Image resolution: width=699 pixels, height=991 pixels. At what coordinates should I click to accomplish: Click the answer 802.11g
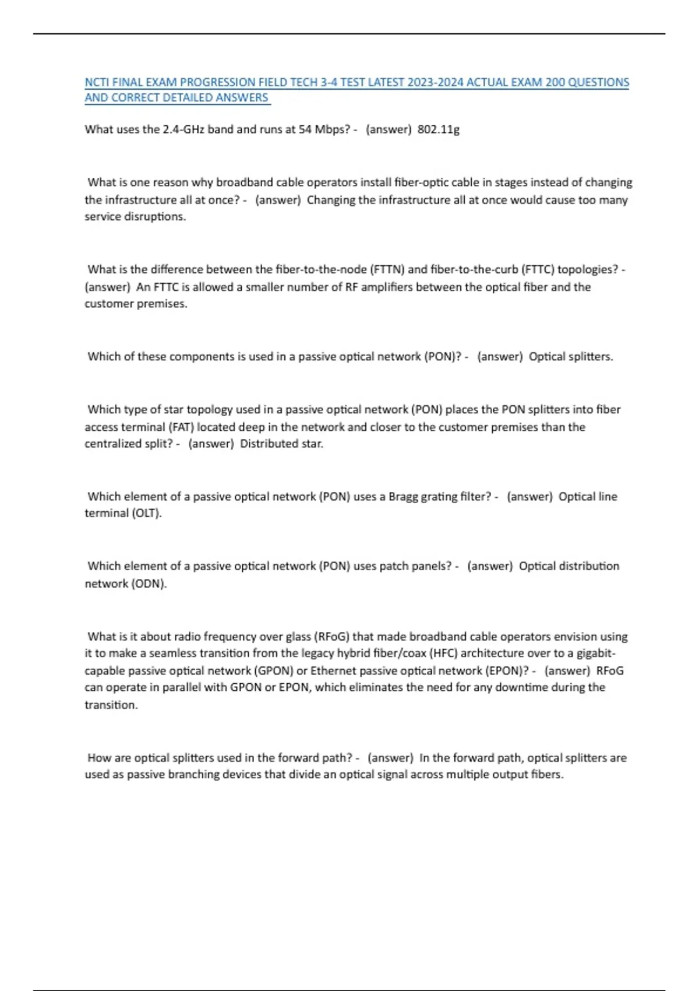click(438, 129)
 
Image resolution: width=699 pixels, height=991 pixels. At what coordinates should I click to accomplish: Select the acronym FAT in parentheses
click(181, 427)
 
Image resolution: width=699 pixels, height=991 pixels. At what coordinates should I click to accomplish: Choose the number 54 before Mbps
click(305, 129)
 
